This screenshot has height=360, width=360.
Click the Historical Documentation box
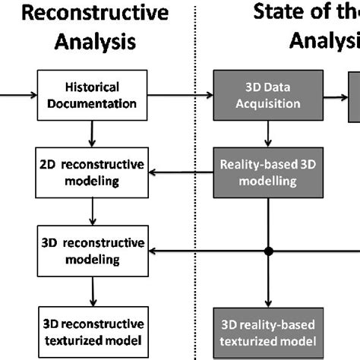click(x=92, y=96)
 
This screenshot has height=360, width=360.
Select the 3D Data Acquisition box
click(x=267, y=96)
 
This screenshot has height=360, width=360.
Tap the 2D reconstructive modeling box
click(x=92, y=172)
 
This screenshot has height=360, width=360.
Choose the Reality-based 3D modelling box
click(x=267, y=172)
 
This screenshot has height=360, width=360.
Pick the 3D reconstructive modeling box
click(x=92, y=251)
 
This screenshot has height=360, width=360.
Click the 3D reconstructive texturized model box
click(x=92, y=330)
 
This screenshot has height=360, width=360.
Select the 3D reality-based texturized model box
click(x=267, y=330)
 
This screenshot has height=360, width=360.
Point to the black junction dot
click(x=267, y=251)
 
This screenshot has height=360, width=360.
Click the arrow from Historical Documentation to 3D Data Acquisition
click(x=180, y=96)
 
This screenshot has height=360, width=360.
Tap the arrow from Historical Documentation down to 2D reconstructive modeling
click(x=92, y=134)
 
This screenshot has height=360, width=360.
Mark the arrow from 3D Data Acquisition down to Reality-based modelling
click(x=267, y=134)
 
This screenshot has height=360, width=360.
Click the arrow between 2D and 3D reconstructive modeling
click(x=92, y=212)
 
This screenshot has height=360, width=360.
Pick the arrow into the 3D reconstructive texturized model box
click(x=92, y=290)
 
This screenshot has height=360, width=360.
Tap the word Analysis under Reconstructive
click(x=94, y=42)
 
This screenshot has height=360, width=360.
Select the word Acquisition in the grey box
click(x=267, y=103)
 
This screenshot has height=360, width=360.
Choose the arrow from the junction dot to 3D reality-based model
click(x=267, y=281)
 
